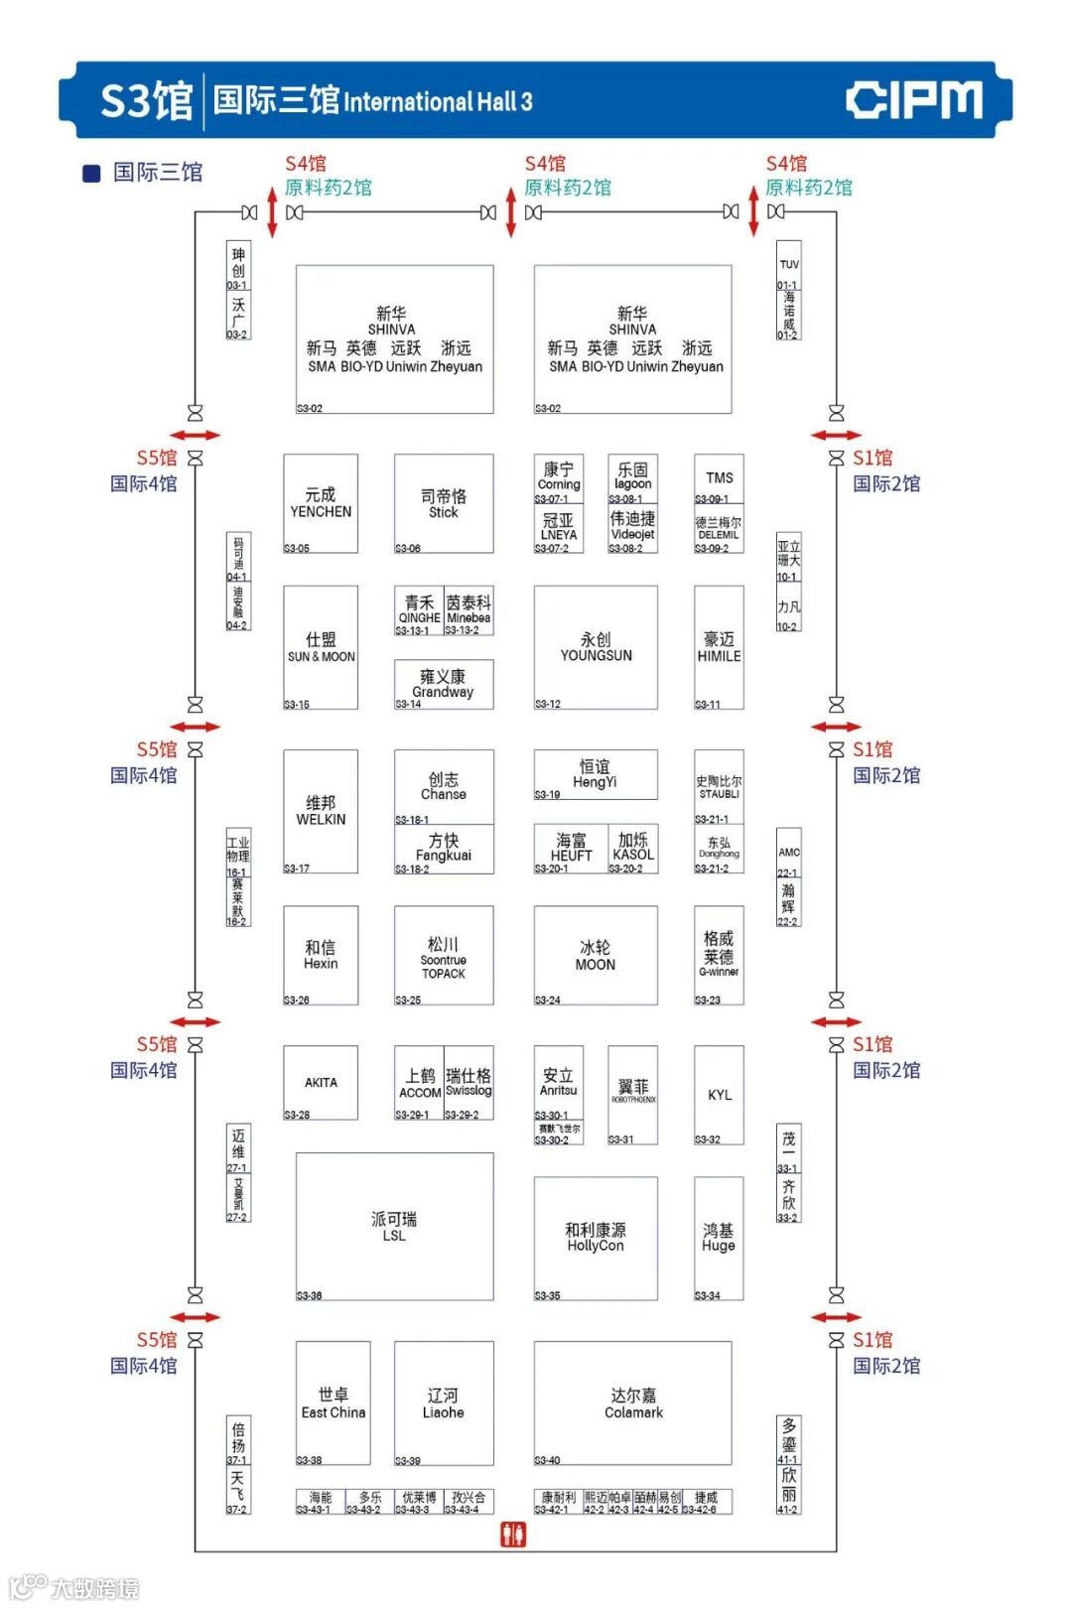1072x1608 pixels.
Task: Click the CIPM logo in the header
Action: tap(913, 100)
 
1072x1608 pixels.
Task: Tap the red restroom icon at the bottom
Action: tap(512, 1534)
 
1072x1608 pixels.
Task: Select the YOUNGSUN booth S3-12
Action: tap(596, 647)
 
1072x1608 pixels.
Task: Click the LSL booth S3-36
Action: tap(394, 1226)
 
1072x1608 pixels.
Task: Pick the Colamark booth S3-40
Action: tap(633, 1404)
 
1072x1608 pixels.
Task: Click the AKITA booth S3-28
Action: tap(321, 1082)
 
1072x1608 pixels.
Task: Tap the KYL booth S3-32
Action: tap(720, 1094)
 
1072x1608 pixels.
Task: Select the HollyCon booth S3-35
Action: tap(596, 1237)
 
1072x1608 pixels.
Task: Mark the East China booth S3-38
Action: tap(334, 1404)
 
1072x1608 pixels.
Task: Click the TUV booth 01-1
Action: tap(789, 265)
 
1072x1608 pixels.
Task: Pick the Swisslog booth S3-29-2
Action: tap(469, 1082)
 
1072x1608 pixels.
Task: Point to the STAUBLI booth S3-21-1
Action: tap(720, 787)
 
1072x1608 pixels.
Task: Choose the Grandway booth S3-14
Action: tap(443, 684)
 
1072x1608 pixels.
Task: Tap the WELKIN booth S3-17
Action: tap(321, 811)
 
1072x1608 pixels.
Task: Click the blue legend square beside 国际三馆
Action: tap(91, 174)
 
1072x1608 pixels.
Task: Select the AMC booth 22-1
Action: tap(789, 853)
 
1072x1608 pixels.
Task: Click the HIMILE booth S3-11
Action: tap(720, 647)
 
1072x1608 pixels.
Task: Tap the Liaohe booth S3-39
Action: tap(443, 1404)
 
